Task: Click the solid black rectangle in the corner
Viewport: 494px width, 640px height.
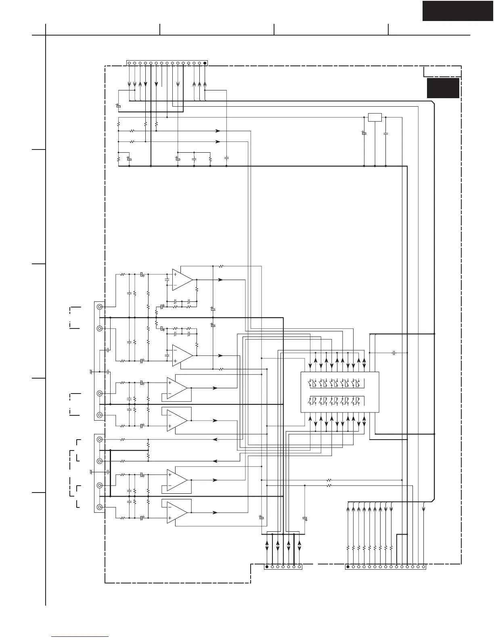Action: click(458, 10)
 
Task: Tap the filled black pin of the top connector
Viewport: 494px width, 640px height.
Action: click(205, 63)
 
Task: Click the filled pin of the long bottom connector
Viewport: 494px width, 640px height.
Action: click(348, 566)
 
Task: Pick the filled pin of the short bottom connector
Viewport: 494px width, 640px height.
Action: click(267, 566)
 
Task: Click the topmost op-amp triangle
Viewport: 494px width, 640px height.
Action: click(182, 280)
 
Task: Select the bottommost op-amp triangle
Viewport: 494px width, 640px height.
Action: click(177, 512)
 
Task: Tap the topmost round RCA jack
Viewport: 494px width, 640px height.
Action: click(99, 307)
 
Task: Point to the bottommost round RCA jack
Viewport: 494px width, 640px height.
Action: click(99, 507)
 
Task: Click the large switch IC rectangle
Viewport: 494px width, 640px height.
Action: click(340, 392)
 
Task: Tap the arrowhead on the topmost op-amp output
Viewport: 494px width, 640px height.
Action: click(220, 280)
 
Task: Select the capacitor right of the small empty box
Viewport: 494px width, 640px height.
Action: click(386, 133)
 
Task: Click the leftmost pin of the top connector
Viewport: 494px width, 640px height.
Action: click(129, 63)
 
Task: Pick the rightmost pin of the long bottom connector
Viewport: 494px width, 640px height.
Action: click(423, 566)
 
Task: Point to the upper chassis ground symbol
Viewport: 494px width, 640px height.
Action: click(91, 371)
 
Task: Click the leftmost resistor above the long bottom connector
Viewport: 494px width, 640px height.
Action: click(348, 548)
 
